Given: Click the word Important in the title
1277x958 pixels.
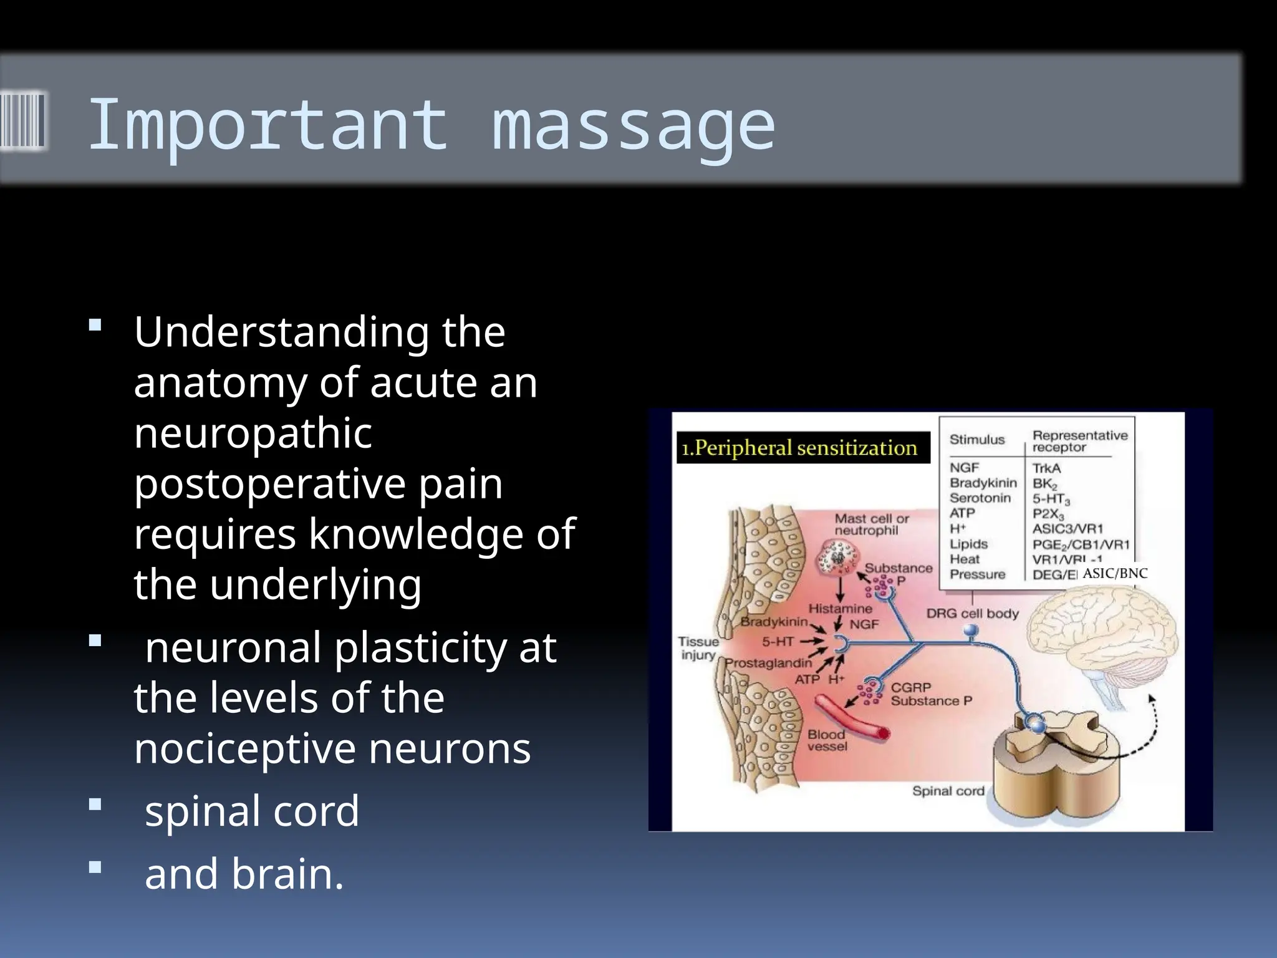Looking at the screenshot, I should click(267, 125).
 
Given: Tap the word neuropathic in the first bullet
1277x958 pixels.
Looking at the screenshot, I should click(253, 434).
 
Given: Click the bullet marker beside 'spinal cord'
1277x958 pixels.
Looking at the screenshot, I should click(95, 805).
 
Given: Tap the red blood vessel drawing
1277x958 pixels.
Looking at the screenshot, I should click(851, 719).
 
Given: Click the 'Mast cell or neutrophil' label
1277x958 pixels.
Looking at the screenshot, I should click(871, 525).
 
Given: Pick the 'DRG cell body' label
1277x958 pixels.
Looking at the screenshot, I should click(972, 614).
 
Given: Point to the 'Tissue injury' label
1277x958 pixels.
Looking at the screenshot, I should click(698, 648).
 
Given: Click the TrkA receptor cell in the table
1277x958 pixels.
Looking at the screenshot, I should click(1046, 468).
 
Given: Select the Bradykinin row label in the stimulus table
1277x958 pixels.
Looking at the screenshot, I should click(983, 483).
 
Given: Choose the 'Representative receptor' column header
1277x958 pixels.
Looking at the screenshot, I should click(1079, 441).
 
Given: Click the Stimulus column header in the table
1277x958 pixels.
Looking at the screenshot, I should click(977, 440).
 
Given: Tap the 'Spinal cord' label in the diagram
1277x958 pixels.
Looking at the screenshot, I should click(948, 791).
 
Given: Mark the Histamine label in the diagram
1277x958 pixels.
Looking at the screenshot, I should click(840, 608).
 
